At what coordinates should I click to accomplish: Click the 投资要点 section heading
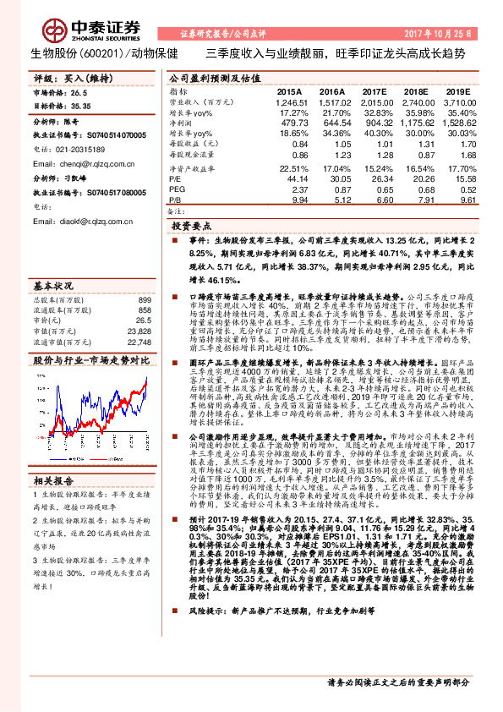coord(191,227)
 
